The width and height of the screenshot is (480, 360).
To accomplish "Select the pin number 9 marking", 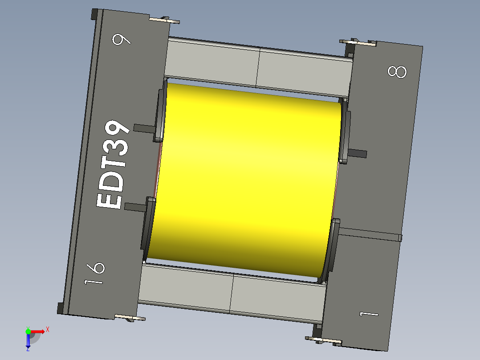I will [122, 40].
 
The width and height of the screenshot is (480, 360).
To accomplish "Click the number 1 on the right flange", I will [369, 315].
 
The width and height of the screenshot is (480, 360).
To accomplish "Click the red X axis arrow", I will [40, 331].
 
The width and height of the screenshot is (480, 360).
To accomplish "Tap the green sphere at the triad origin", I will [28, 331].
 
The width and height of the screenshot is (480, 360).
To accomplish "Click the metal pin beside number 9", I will [165, 20].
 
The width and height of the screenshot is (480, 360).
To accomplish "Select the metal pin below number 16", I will [130, 318].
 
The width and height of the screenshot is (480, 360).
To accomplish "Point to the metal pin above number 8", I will [359, 43].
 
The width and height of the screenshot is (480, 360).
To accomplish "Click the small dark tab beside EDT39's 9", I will [143, 128].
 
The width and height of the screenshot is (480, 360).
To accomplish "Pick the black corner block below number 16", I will [61, 308].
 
